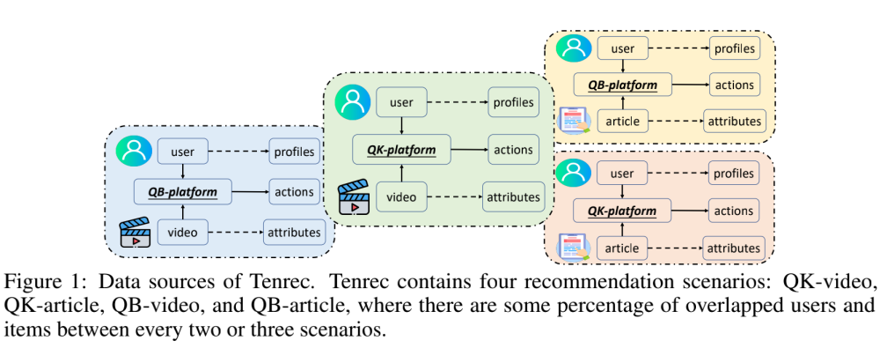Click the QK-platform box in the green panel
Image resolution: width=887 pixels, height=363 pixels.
click(401, 150)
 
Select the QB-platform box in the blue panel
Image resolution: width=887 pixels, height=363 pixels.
click(183, 192)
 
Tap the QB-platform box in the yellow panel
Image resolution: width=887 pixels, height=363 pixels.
click(622, 85)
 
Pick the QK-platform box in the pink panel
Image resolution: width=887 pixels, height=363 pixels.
click(622, 211)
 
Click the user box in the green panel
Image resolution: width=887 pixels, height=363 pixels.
click(401, 102)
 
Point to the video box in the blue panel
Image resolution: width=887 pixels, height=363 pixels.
click(183, 231)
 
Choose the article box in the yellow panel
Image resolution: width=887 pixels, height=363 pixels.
click(622, 121)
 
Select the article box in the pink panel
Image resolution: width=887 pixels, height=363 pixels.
click(622, 248)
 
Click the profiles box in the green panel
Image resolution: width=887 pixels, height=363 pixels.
click(514, 102)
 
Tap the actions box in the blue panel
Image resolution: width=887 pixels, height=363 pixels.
click(294, 192)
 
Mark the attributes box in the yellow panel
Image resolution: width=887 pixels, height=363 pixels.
click(734, 121)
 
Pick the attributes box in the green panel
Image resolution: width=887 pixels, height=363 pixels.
click(514, 197)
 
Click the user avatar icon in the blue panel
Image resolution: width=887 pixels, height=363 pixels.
click(134, 152)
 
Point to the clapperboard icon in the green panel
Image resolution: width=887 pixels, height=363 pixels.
click(354, 196)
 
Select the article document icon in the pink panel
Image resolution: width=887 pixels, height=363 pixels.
click(574, 247)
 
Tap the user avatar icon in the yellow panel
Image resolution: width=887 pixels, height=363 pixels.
click(574, 48)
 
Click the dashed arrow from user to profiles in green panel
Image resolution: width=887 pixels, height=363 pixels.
click(457, 102)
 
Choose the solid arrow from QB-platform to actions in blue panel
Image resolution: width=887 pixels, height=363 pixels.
click(250, 192)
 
